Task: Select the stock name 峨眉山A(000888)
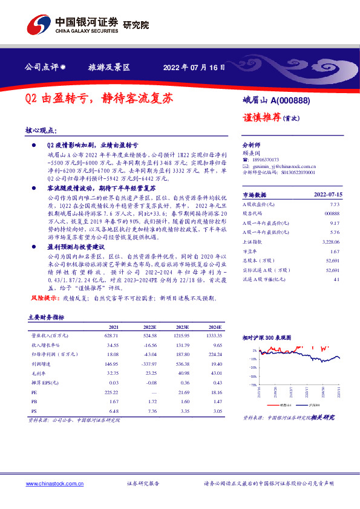click(x=273, y=102)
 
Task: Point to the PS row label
click(x=34, y=409)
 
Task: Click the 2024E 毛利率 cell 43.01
click(x=214, y=375)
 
